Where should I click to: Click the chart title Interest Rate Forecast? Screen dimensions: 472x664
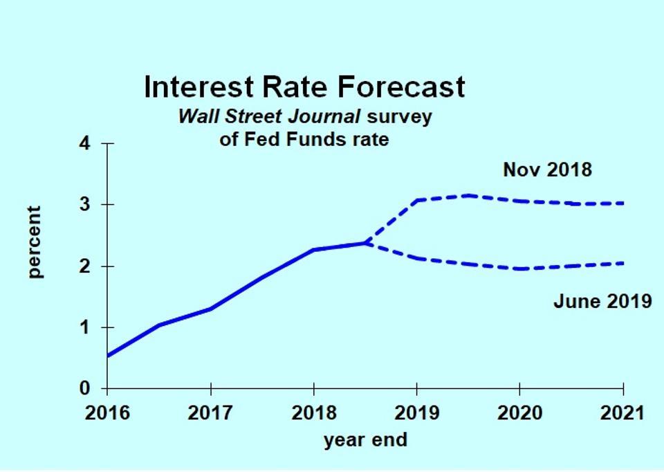point(304,88)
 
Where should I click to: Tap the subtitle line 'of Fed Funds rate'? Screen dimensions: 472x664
point(304,140)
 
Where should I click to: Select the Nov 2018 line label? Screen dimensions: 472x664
point(547,170)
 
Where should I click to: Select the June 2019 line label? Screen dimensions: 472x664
point(602,301)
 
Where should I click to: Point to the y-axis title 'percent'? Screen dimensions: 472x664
point(35,242)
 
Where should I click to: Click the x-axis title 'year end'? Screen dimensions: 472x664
point(365,439)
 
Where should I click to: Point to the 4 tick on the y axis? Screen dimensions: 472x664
point(86,144)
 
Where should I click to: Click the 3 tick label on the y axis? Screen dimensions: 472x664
point(86,205)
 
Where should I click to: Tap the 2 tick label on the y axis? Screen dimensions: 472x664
point(86,266)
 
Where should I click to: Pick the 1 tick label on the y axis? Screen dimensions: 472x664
point(86,327)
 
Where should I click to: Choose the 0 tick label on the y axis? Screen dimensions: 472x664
point(86,388)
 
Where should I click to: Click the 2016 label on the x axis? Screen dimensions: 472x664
point(107,414)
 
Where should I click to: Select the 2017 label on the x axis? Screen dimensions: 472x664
point(210,414)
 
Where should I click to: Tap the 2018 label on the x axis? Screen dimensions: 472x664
point(313,414)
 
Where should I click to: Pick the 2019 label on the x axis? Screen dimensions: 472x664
point(416,414)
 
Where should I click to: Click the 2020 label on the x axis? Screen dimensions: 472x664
point(520,414)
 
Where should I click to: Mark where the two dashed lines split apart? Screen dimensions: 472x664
point(365,243)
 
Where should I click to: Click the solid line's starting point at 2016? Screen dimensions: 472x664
point(108,356)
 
